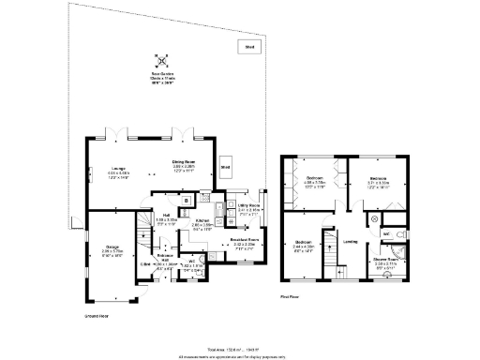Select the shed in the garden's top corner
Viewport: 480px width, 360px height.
pos(249,47)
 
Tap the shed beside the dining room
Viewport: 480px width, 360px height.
pos(225,169)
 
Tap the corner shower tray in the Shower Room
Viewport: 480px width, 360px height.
pos(399,252)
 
